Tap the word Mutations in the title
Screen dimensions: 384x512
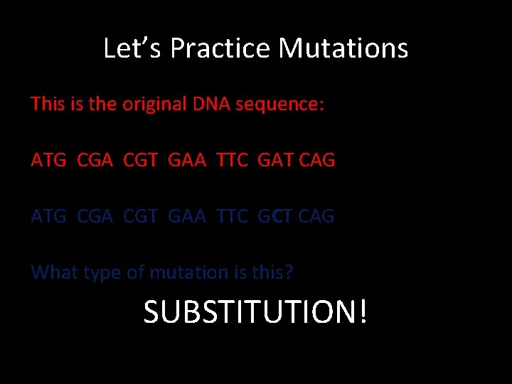tap(343, 49)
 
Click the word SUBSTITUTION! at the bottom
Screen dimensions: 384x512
tap(256, 311)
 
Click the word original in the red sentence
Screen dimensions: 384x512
tap(154, 105)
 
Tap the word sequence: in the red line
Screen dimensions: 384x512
tap(280, 105)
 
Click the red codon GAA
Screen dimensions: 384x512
tap(186, 161)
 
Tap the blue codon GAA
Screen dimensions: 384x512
tap(186, 216)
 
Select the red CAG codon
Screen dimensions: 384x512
tap(316, 161)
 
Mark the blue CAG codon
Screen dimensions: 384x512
tap(316, 216)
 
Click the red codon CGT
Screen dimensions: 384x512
tap(141, 161)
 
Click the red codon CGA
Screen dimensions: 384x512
tap(94, 161)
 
